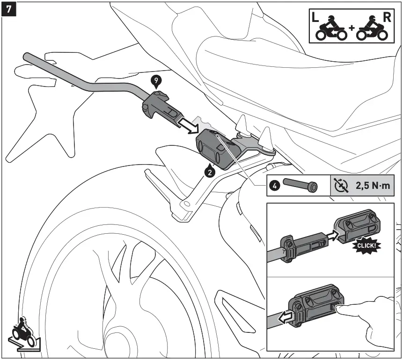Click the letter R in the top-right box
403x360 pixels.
click(387, 18)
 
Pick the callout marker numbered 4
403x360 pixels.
click(276, 186)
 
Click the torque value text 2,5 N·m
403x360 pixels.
click(373, 186)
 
